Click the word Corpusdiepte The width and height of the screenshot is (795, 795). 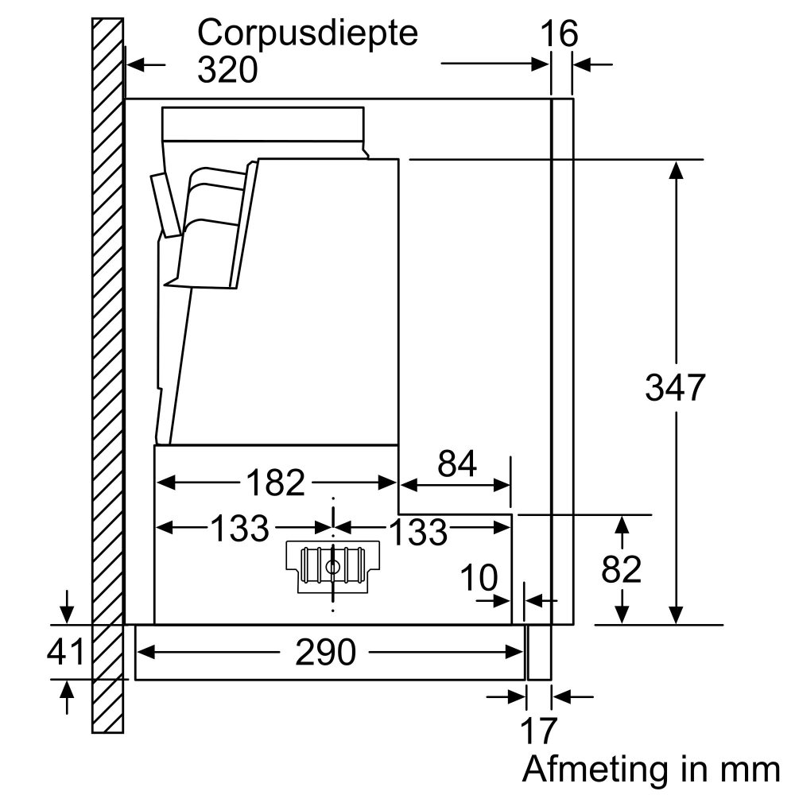pyautogui.click(x=308, y=36)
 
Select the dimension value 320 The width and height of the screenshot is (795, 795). pyautogui.click(x=228, y=71)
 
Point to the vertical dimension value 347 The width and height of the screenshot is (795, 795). pyautogui.click(x=674, y=389)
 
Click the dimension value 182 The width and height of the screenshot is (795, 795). pyautogui.click(x=276, y=483)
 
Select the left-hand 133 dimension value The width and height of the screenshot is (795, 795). pyautogui.click(x=239, y=528)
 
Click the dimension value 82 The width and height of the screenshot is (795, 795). pyautogui.click(x=622, y=569)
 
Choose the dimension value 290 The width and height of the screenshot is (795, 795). pyautogui.click(x=324, y=653)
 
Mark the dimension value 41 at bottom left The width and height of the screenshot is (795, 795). pyautogui.click(x=65, y=653)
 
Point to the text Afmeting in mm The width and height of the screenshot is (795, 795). pyautogui.click(x=650, y=769)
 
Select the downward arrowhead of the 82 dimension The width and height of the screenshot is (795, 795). pyautogui.click(x=622, y=616)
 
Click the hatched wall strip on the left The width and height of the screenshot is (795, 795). pyautogui.click(x=107, y=374)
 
